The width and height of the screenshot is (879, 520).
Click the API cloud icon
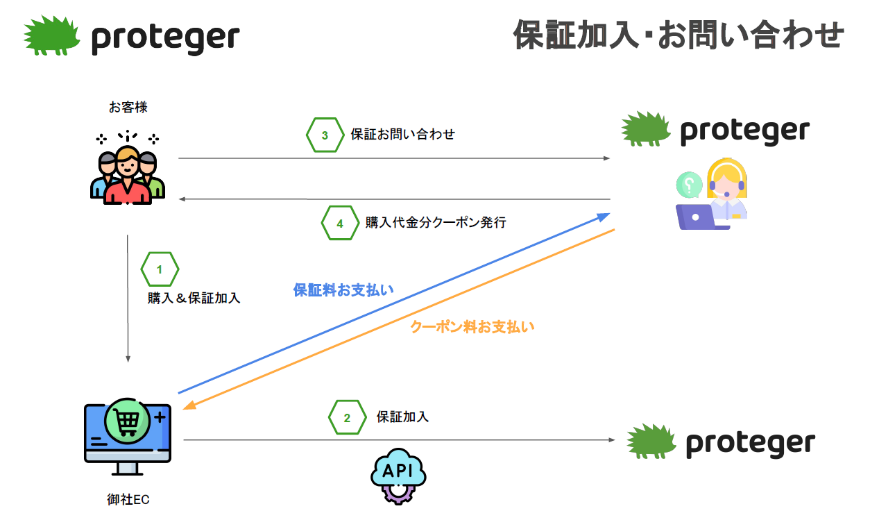tap(398, 476)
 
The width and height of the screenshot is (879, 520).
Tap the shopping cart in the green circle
tap(127, 421)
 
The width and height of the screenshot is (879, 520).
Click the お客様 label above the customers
tap(128, 107)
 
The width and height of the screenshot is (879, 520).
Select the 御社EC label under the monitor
tap(128, 499)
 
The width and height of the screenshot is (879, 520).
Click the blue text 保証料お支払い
tap(343, 290)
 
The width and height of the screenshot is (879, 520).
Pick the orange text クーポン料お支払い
tap(472, 326)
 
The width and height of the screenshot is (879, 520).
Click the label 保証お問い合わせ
tap(402, 134)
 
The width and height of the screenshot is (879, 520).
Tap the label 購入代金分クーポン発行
tap(436, 222)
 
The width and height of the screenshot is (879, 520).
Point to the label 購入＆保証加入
tap(194, 298)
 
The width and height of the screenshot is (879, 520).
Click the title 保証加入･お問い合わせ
tap(679, 35)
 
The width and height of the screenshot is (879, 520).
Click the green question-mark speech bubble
tap(689, 185)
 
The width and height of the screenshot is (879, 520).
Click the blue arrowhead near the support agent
tap(603, 217)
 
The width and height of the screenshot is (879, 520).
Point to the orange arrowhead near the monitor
tap(189, 405)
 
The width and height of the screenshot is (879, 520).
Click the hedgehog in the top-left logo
tap(51, 35)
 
